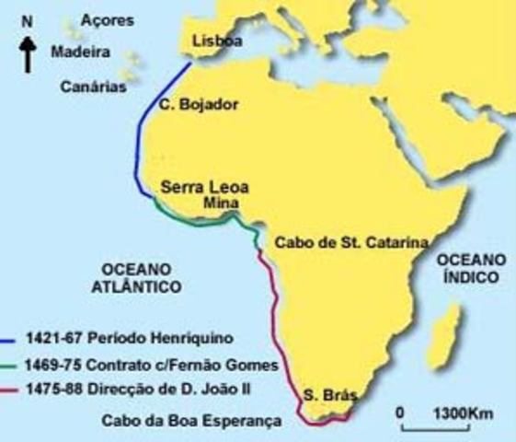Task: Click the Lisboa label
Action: (x=216, y=41)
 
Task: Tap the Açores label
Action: (x=107, y=19)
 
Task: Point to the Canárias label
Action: (x=91, y=87)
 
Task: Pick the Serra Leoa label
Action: (x=204, y=187)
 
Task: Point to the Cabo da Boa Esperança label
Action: (x=190, y=423)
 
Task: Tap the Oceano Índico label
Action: (x=471, y=267)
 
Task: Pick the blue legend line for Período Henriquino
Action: (x=12, y=338)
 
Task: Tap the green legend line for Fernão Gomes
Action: (x=12, y=363)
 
